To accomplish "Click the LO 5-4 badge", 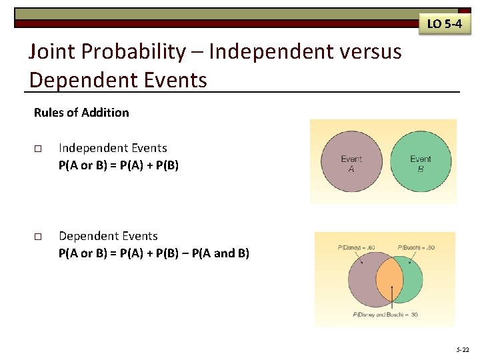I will point(444,24).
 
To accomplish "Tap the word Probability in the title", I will point(137,52).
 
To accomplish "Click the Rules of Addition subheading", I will point(81,113).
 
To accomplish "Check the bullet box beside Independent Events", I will point(38,149).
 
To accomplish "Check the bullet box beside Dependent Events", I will point(38,237).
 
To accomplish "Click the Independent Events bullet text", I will point(113,148).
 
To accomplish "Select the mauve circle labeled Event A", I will point(351,163).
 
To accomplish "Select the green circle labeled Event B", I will point(420,163).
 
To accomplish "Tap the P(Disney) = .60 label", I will point(357,248).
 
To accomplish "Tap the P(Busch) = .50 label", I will point(417,248).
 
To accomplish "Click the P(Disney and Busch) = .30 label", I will point(386,315).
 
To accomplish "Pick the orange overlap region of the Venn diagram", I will point(391,281).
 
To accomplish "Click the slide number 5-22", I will point(462,349).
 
